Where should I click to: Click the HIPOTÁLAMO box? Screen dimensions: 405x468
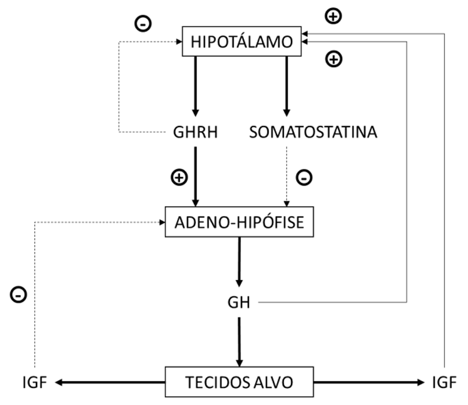click(x=242, y=42)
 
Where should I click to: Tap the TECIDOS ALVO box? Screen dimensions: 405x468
click(x=239, y=382)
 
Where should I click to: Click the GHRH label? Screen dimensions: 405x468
click(x=196, y=133)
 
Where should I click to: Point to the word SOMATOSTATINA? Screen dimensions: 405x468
click(x=313, y=133)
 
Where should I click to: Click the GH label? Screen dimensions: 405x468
click(x=239, y=303)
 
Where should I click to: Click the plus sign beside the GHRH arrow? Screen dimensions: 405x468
click(x=178, y=178)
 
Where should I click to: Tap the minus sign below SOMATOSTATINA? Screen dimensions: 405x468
click(x=304, y=178)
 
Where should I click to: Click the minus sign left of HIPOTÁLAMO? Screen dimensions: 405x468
click(x=143, y=24)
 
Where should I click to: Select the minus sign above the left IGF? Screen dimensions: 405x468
click(x=18, y=294)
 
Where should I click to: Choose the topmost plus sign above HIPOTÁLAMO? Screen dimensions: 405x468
click(x=334, y=16)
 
